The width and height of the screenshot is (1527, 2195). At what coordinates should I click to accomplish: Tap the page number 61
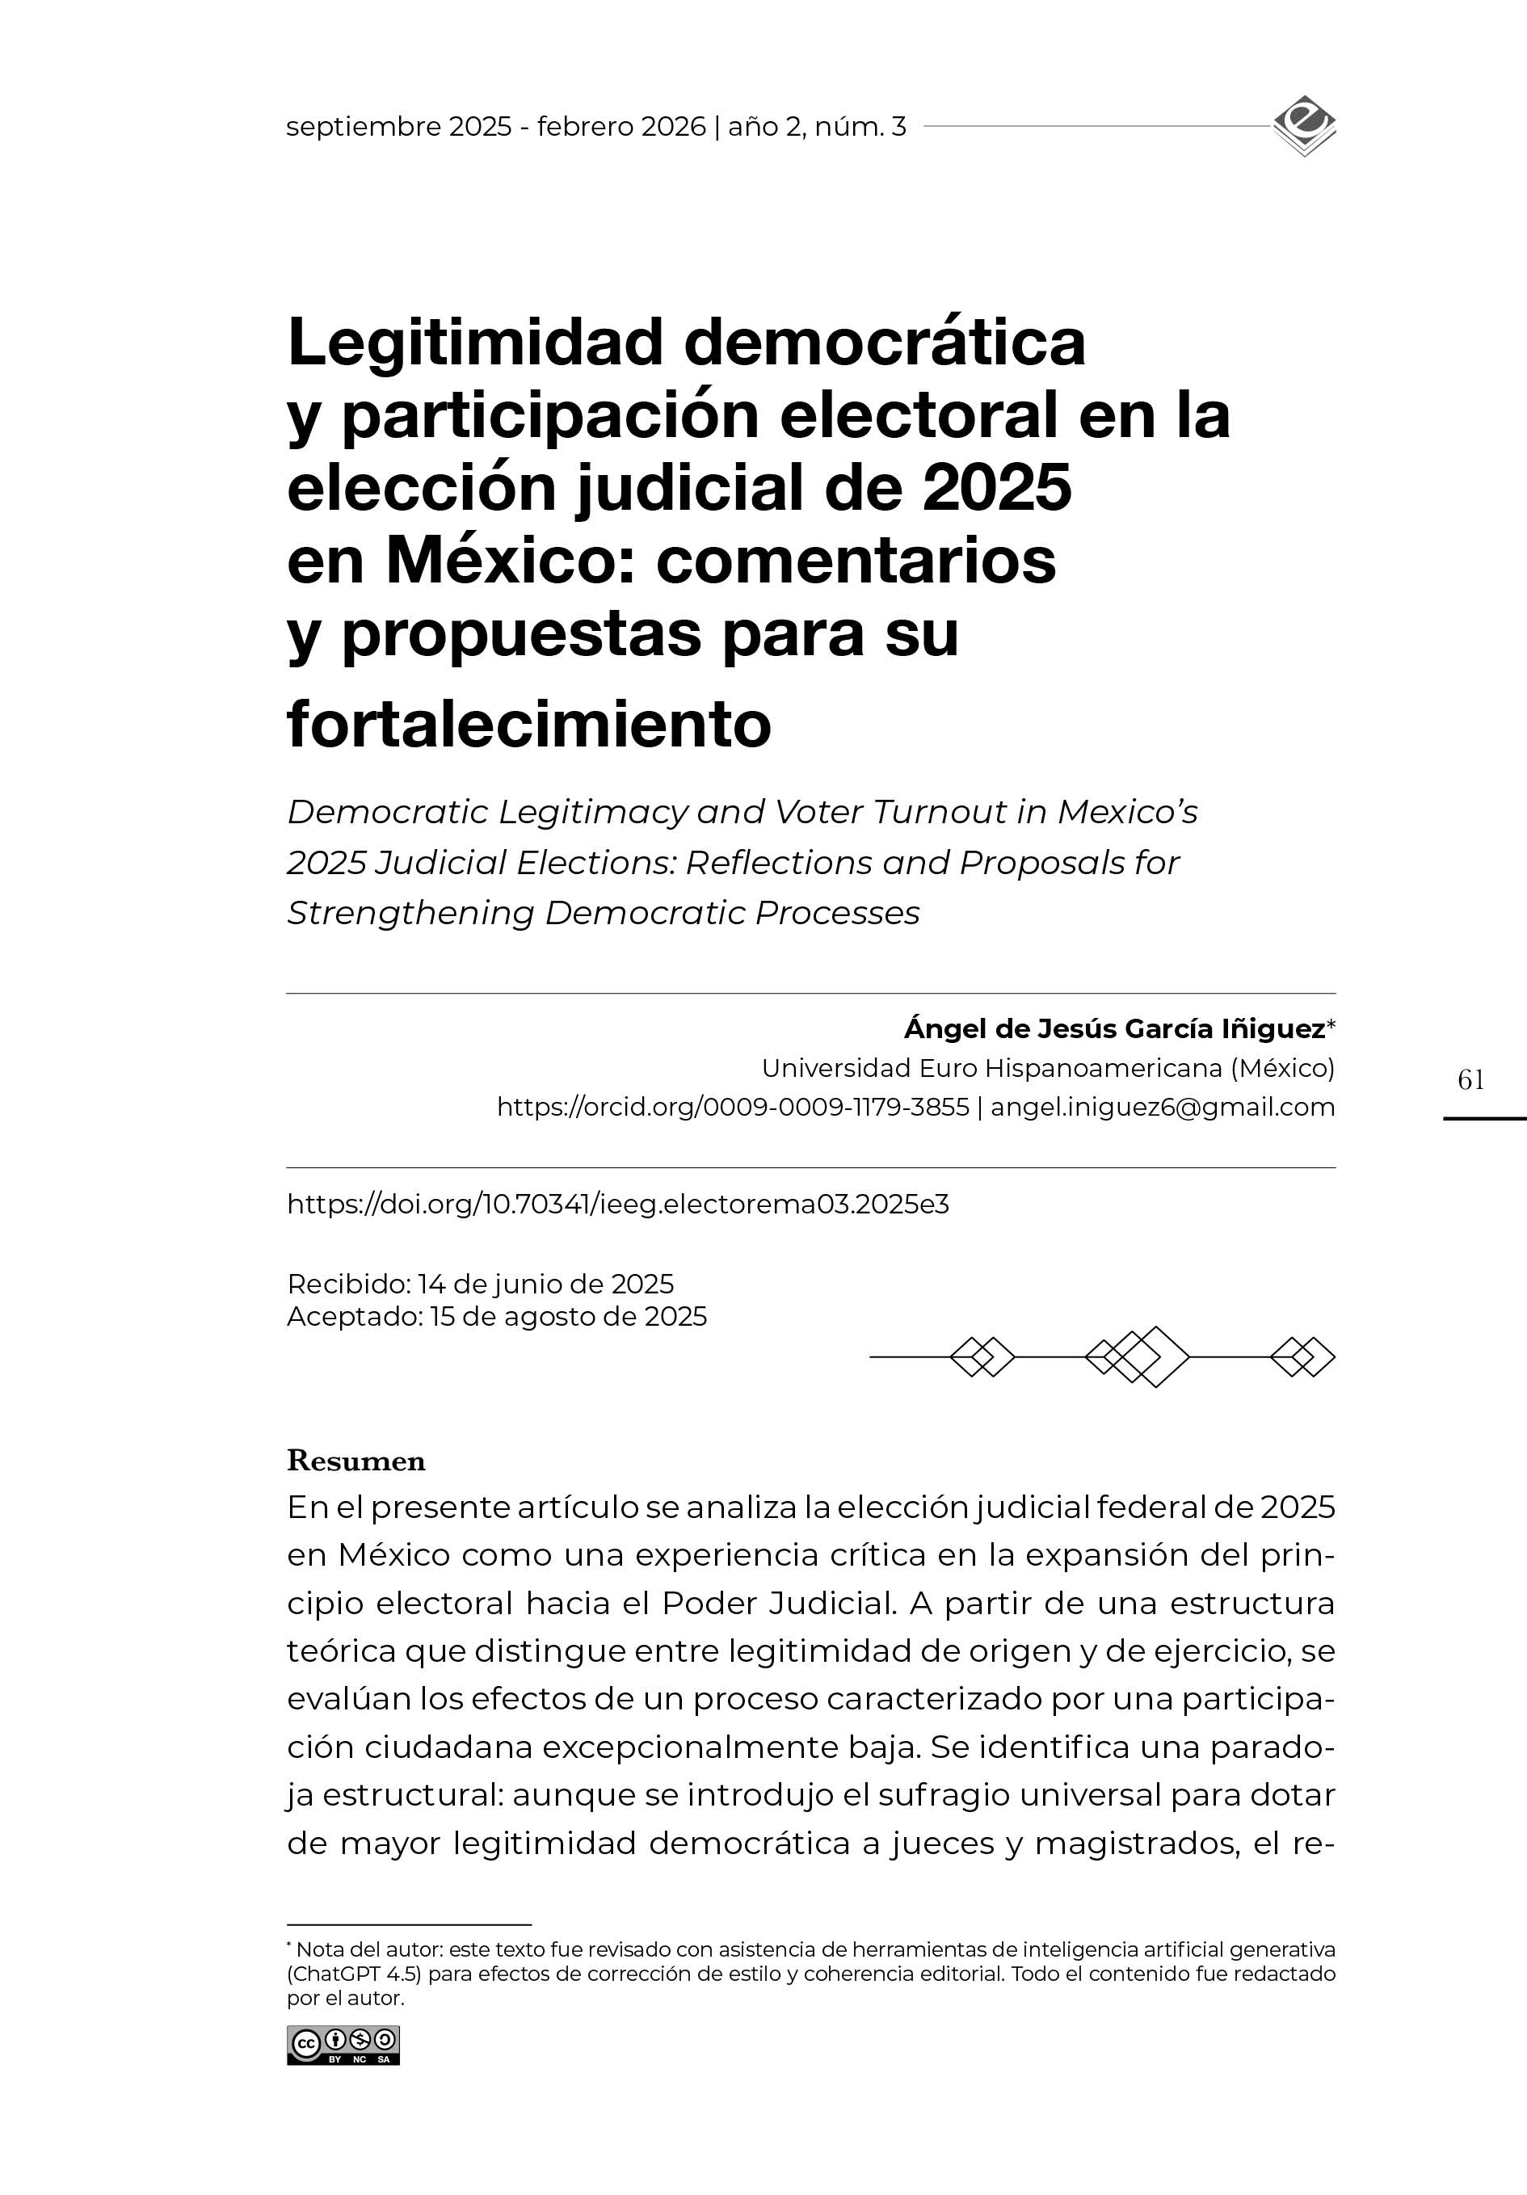click(1470, 1080)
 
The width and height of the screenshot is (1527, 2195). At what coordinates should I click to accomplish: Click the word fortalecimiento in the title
click(528, 725)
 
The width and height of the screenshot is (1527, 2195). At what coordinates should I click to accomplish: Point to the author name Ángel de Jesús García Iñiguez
click(1114, 1029)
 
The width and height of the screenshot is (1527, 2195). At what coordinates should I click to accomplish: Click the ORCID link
click(733, 1107)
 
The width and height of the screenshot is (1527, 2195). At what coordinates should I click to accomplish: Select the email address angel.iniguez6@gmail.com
click(1163, 1107)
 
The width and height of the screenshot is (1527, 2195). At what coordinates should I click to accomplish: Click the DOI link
click(618, 1205)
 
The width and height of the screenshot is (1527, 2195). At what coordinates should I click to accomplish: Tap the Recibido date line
click(480, 1284)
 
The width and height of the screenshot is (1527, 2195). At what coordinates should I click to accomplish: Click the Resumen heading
click(355, 1461)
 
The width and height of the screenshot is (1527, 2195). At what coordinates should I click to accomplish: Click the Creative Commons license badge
click(343, 2046)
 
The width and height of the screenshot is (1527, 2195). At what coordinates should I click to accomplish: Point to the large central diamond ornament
click(1150, 1356)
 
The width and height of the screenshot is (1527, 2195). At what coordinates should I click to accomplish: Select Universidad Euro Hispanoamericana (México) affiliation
click(1047, 1068)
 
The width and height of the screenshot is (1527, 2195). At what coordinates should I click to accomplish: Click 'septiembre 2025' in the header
click(399, 127)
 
